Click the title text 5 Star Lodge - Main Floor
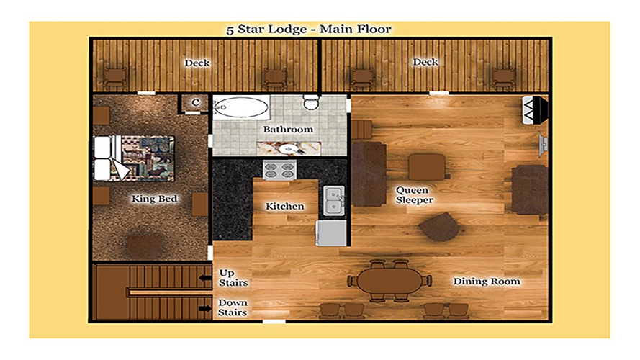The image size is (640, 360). click(x=309, y=30)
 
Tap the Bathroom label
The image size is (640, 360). click(x=288, y=130)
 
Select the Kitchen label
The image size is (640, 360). click(x=285, y=206)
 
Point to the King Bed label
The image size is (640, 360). click(x=154, y=199)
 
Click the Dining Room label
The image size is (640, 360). click(x=487, y=282)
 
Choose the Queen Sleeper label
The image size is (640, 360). click(x=414, y=195)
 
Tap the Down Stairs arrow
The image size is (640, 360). click(x=205, y=309)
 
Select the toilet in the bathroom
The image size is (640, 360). click(x=311, y=102)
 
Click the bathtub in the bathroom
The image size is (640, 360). click(x=241, y=107)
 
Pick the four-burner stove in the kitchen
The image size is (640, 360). click(x=279, y=170)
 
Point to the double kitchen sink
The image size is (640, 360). click(x=334, y=200)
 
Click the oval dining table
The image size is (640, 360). click(x=389, y=280)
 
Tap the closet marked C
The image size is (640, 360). click(x=195, y=102)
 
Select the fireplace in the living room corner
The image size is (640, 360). click(x=535, y=109)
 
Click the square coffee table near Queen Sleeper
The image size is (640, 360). click(x=427, y=167)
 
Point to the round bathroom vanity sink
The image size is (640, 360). click(x=289, y=149)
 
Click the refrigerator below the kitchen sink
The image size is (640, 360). click(x=331, y=233)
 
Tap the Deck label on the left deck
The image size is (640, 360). click(x=197, y=63)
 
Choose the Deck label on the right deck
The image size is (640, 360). click(x=425, y=62)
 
